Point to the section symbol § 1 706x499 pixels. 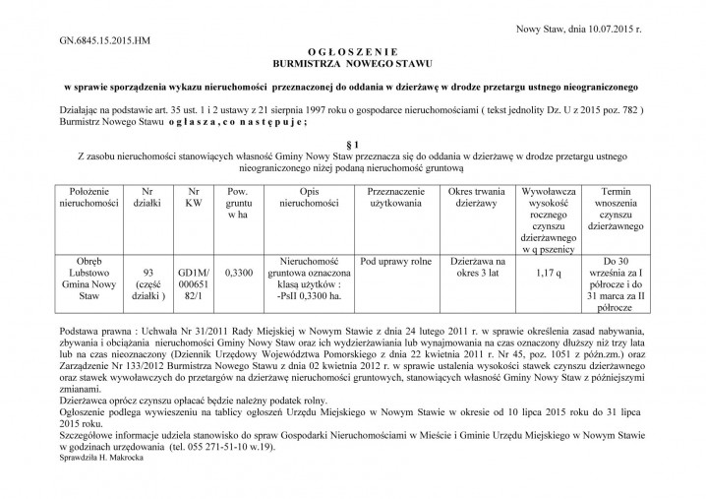(x=353, y=145)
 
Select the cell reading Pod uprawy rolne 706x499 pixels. (x=396, y=261)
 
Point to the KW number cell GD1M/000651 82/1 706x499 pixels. (x=193, y=280)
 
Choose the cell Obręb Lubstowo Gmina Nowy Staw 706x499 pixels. (x=89, y=280)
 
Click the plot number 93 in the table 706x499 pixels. (x=147, y=271)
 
